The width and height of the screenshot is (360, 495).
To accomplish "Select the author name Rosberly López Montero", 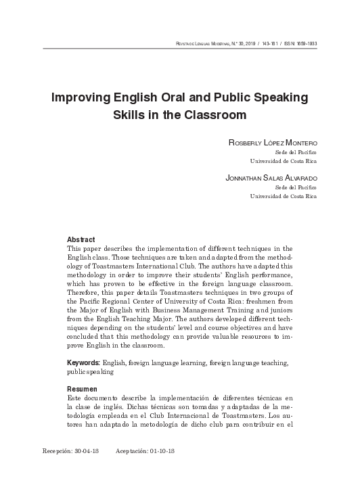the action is [x=269, y=143].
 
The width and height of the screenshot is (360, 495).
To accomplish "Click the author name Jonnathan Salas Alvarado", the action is [x=270, y=177].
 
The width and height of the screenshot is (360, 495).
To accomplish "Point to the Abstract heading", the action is [x=81, y=239].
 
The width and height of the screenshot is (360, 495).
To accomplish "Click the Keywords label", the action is [x=85, y=363].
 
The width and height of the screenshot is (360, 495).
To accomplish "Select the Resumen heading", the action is [x=83, y=390].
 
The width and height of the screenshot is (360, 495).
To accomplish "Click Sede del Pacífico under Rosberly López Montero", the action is [x=298, y=153].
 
